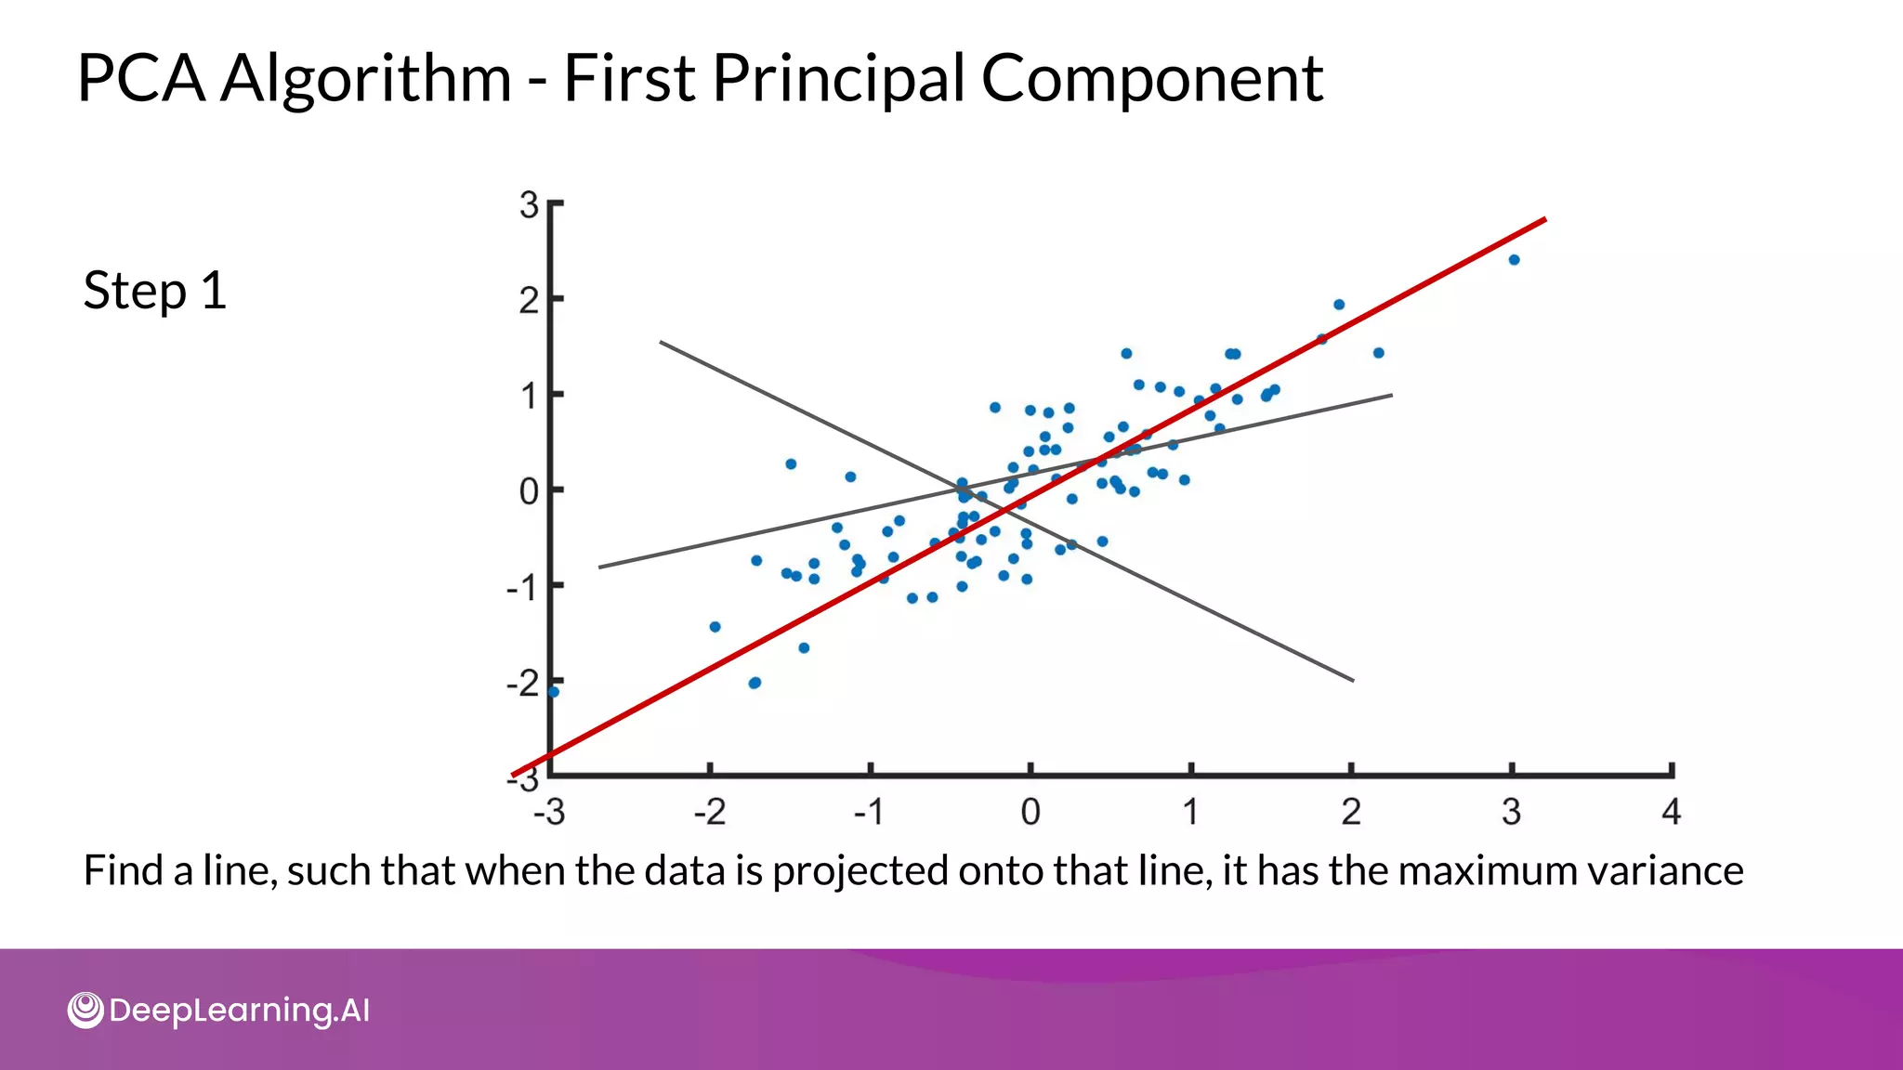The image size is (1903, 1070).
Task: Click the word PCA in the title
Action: click(x=140, y=78)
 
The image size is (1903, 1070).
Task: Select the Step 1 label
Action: click(x=155, y=291)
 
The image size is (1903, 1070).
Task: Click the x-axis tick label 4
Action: click(x=1671, y=813)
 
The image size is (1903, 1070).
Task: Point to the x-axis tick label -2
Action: click(x=710, y=813)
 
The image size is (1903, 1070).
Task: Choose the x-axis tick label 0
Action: click(x=1030, y=813)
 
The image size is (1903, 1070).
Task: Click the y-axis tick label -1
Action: click(x=522, y=588)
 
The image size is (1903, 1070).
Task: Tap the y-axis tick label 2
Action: click(x=529, y=301)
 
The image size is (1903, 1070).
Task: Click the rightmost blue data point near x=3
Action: click(x=1514, y=260)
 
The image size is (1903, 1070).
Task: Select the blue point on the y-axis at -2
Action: click(x=554, y=691)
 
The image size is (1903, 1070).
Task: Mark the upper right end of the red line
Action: click(x=1543, y=220)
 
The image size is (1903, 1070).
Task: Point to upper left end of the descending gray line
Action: click(x=662, y=343)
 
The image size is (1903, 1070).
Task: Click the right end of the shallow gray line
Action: click(x=1390, y=396)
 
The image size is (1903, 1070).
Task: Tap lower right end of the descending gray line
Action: click(x=1352, y=680)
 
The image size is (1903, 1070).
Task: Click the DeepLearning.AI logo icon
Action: click(x=85, y=1010)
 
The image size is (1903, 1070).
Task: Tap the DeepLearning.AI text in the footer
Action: click(x=239, y=1011)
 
